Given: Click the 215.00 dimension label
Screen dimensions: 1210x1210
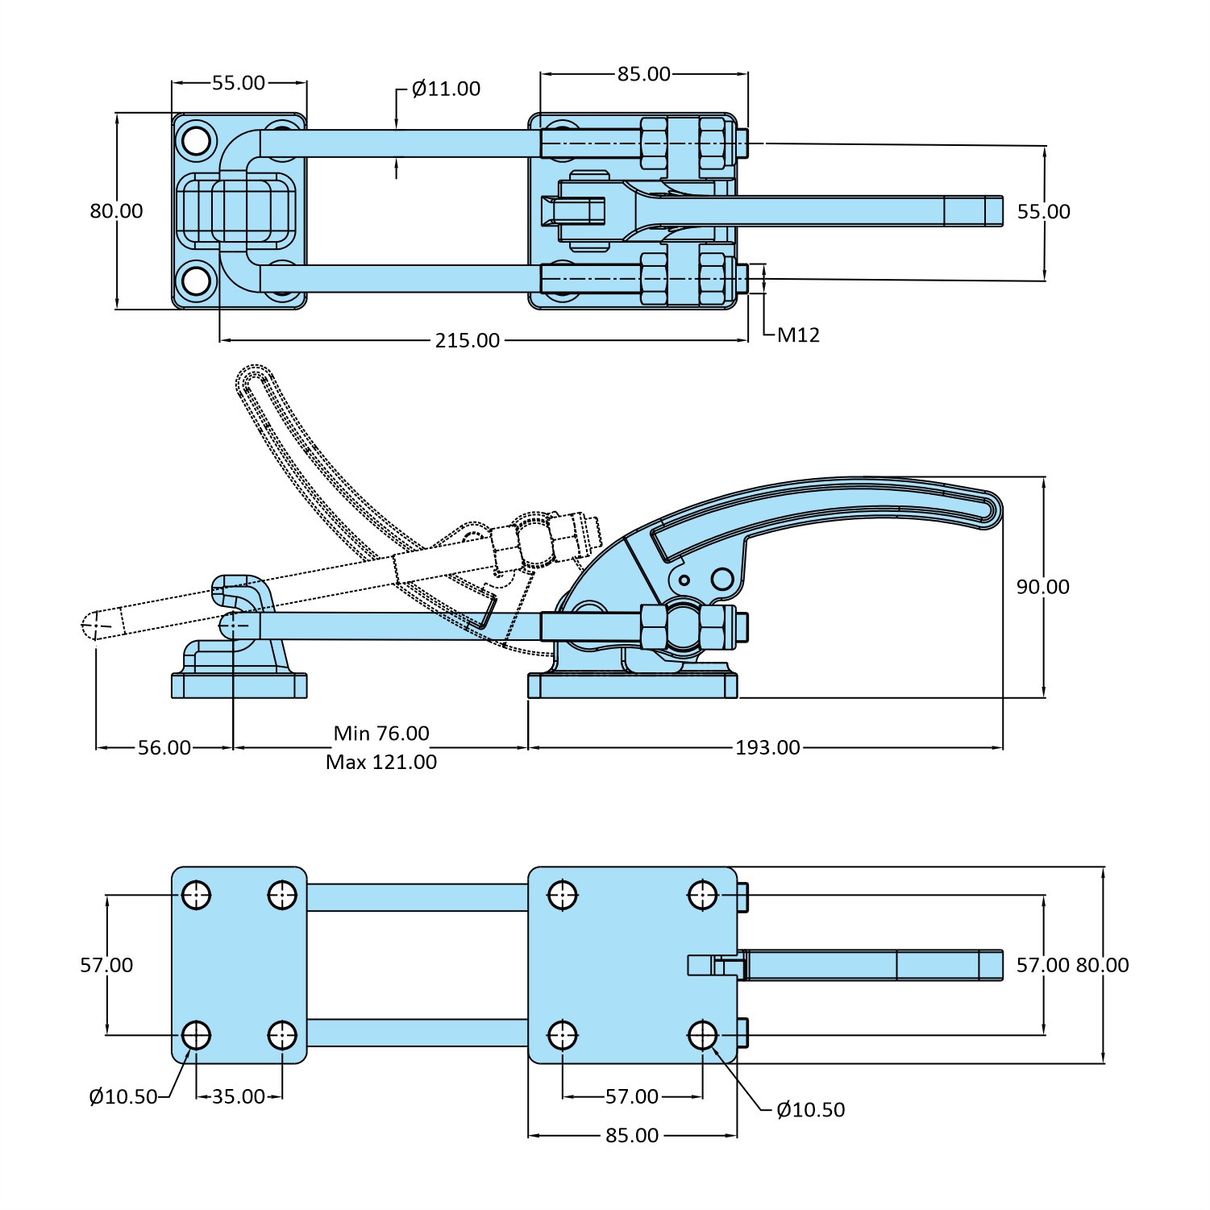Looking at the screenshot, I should pyautogui.click(x=468, y=340).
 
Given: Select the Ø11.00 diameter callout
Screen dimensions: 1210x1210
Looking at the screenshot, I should pyautogui.click(x=446, y=89).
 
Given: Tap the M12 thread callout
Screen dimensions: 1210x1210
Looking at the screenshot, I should pyautogui.click(x=798, y=335).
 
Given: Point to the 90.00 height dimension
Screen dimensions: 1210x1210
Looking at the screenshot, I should pyautogui.click(x=1042, y=587).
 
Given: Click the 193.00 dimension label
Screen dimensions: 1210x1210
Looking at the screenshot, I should pyautogui.click(x=767, y=748).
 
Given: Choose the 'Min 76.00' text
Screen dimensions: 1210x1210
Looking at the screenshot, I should pyautogui.click(x=381, y=734).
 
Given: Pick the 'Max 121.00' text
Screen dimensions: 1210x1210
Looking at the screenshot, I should pyautogui.click(x=381, y=762).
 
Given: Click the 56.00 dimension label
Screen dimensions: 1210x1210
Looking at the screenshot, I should pyautogui.click(x=164, y=748).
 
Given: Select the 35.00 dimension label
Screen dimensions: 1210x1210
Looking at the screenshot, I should pyautogui.click(x=239, y=1097).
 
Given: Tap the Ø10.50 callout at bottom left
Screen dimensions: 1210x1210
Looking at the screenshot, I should pyautogui.click(x=123, y=1097).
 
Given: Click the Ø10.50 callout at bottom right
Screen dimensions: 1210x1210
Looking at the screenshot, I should pyautogui.click(x=810, y=1110).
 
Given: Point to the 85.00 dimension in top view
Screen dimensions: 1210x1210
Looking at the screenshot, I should pyautogui.click(x=644, y=74).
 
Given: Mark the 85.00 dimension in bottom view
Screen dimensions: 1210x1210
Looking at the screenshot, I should pyautogui.click(x=632, y=1136).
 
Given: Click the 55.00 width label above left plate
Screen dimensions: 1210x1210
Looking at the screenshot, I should pyautogui.click(x=239, y=83).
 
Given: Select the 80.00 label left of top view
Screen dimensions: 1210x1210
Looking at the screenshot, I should pyautogui.click(x=116, y=211).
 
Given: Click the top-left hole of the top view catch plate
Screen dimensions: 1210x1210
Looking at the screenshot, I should pyautogui.click(x=196, y=141).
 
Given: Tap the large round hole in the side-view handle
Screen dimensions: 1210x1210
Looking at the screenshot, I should pyautogui.click(x=722, y=579).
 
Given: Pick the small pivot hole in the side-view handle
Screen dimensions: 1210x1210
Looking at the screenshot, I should pyautogui.click(x=684, y=580).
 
